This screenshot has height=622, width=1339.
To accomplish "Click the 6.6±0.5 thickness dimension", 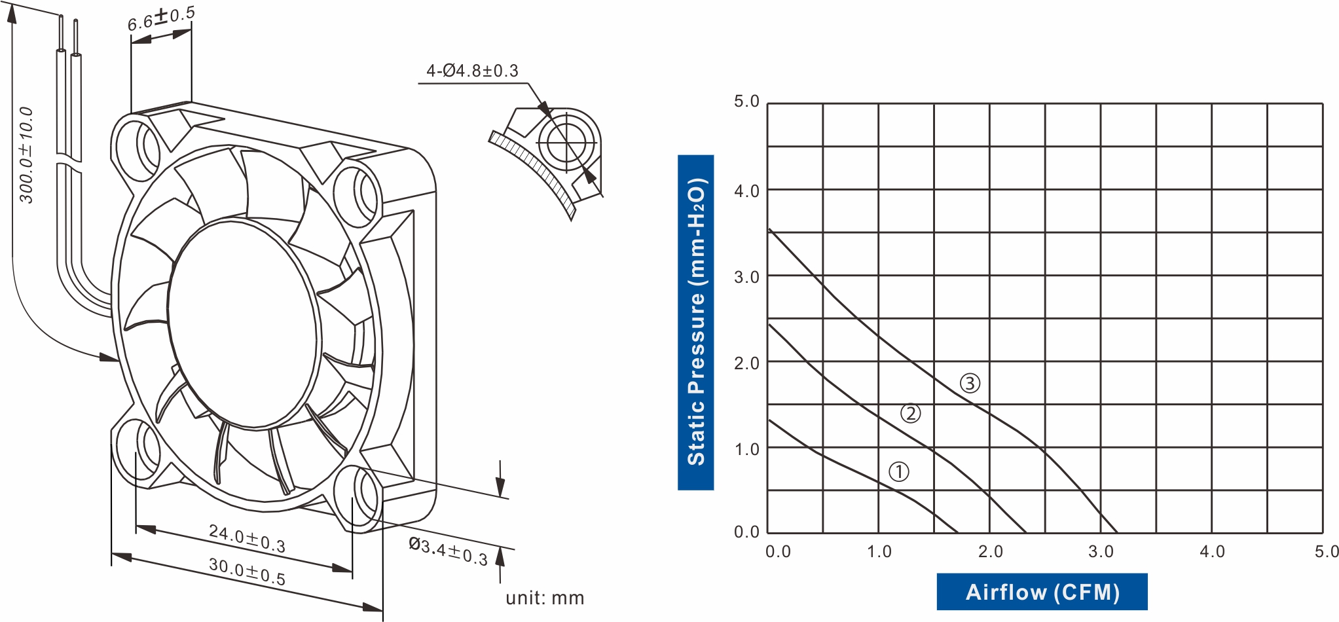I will [161, 19].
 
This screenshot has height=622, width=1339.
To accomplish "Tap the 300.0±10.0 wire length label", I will [26, 155].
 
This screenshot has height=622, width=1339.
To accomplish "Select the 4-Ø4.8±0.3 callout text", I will [472, 71].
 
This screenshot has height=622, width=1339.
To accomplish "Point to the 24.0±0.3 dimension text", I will [247, 538].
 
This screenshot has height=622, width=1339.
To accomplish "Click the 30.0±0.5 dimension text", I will [247, 571].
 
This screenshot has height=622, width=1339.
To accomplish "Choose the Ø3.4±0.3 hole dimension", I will [449, 551].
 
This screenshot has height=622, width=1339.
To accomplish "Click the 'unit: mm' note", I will [545, 598].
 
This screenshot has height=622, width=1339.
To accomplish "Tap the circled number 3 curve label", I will [970, 383].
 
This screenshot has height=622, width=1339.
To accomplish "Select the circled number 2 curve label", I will [910, 413].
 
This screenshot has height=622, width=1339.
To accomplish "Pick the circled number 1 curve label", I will [898, 471].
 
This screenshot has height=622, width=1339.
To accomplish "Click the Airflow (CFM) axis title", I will [1042, 592].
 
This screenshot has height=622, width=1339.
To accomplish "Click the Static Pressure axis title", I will [695, 322].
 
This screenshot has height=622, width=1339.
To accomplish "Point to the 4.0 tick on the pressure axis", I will [746, 191].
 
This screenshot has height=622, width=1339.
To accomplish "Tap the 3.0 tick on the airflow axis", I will [1101, 551].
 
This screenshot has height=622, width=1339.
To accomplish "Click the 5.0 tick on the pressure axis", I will [746, 101].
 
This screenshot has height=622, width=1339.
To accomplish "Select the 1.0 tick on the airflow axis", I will [879, 551].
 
